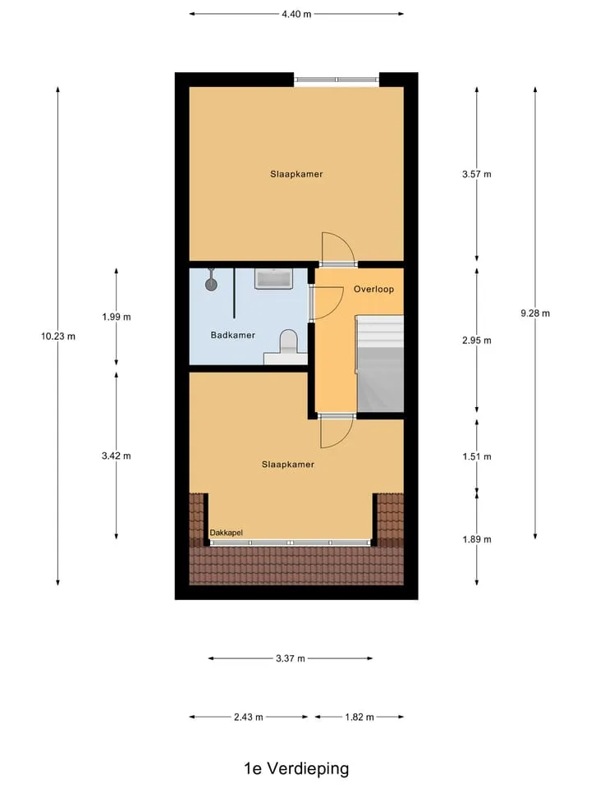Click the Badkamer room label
click(232, 335)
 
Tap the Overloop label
click(373, 289)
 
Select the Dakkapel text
click(227, 533)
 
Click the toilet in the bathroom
click(288, 341)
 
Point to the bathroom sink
click(273, 278)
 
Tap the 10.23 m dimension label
click(58, 337)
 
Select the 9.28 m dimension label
click(535, 313)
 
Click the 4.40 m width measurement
click(296, 14)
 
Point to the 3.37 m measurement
click(291, 658)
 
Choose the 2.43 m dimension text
click(248, 717)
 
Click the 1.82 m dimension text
click(360, 717)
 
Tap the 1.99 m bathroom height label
click(116, 317)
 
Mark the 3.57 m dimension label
click(477, 174)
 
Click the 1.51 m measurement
click(477, 456)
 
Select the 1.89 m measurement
click(477, 539)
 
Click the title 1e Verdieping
click(296, 768)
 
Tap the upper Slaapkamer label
click(296, 174)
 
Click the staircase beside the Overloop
click(379, 364)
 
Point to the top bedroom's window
click(337, 80)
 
